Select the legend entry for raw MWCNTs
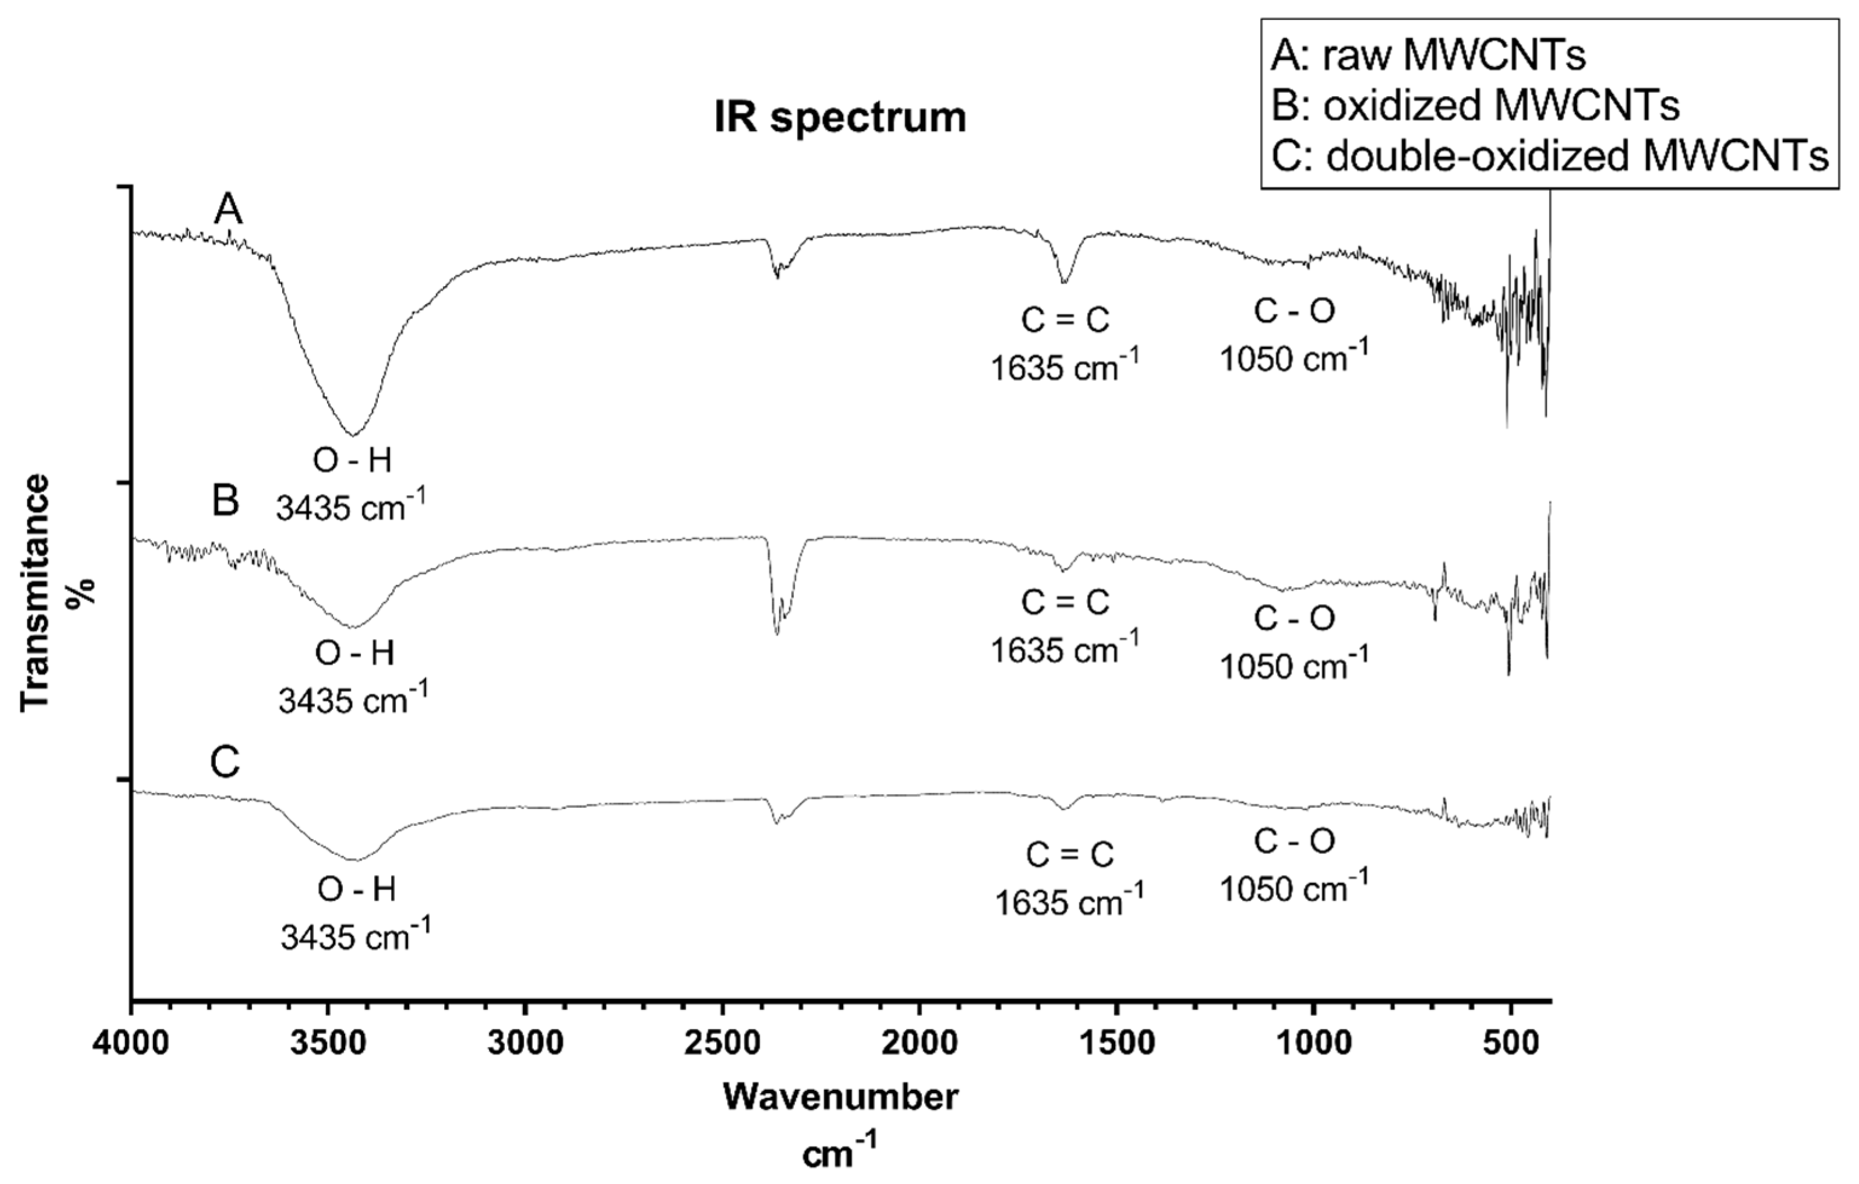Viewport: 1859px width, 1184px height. coord(1428,56)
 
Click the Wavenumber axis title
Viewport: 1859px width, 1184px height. coord(841,1097)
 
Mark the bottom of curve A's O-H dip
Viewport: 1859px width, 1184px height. coord(352,434)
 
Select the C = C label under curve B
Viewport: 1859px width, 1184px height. coord(1065,602)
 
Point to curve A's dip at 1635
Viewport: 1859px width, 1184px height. coord(1064,282)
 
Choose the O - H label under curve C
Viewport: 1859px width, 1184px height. coord(356,891)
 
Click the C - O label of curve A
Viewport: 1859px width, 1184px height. coord(1294,311)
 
